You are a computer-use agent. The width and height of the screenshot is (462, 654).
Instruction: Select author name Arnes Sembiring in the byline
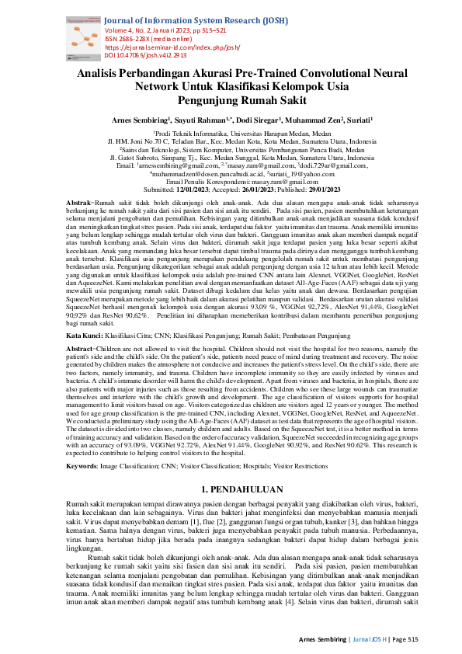(141, 120)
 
